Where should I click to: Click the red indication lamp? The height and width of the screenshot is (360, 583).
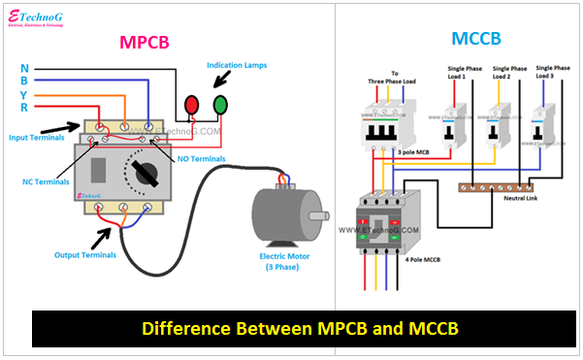(x=192, y=104)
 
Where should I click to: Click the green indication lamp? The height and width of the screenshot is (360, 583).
(x=221, y=104)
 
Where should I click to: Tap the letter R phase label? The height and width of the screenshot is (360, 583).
(x=23, y=108)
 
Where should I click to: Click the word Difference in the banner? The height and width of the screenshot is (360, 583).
(x=185, y=328)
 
